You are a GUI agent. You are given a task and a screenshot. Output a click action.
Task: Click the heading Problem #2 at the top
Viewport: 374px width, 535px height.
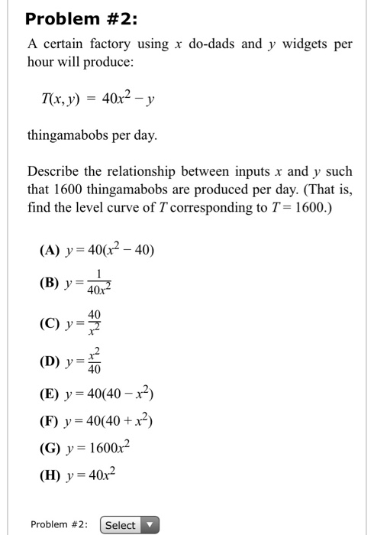coord(78,18)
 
